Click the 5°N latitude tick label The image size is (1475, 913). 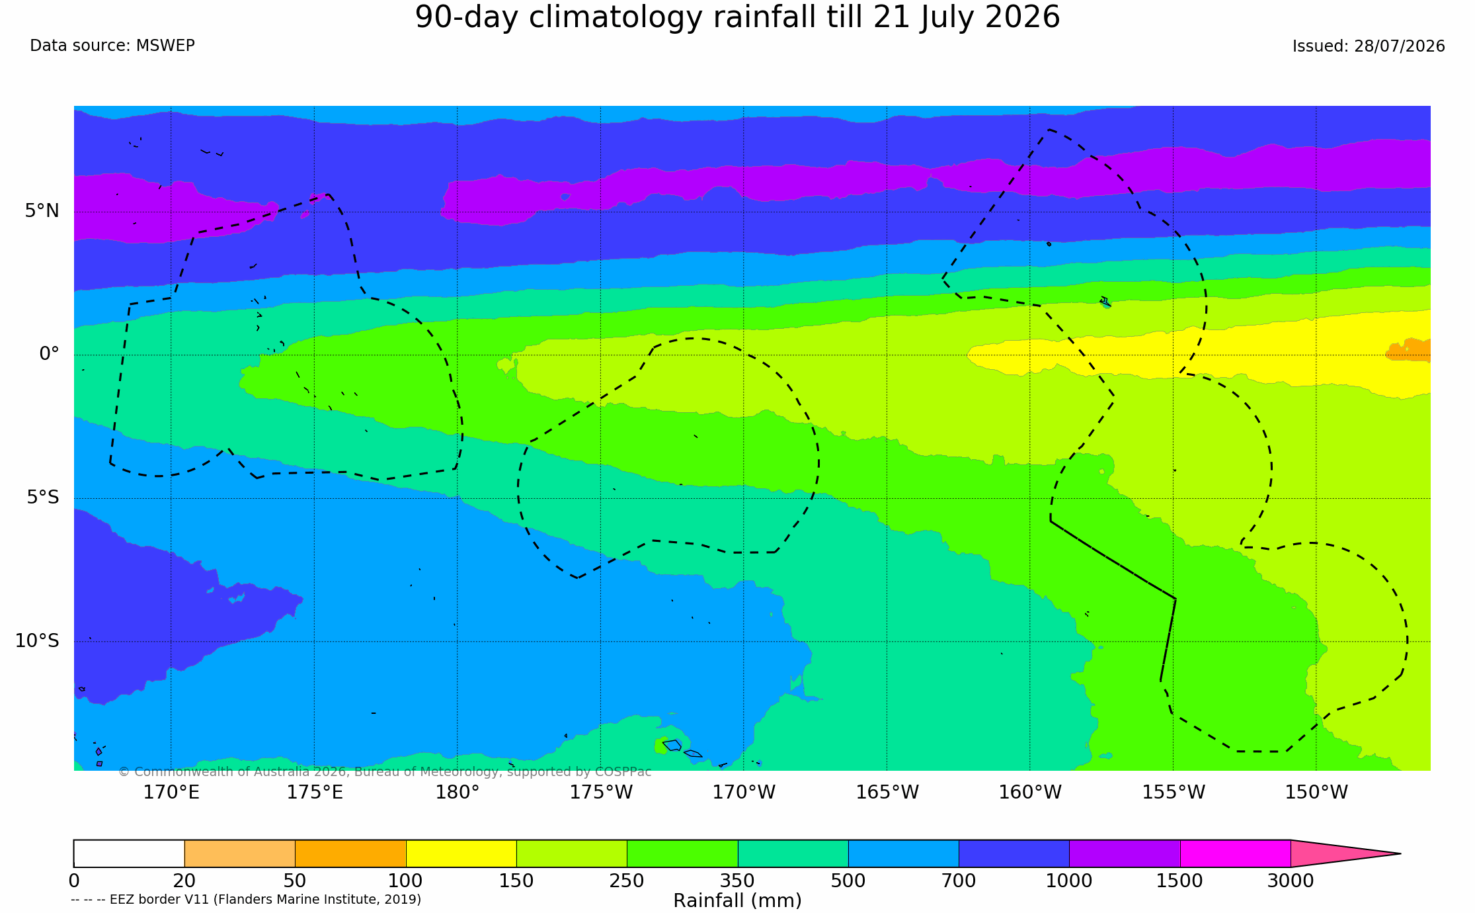[x=42, y=211]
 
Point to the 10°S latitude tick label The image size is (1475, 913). [x=37, y=640]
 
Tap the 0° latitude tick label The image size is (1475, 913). [x=49, y=354]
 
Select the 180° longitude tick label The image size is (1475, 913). [x=457, y=792]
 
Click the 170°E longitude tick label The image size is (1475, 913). [x=171, y=792]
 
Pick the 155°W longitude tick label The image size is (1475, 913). [x=1174, y=792]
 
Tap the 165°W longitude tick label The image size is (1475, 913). [x=887, y=792]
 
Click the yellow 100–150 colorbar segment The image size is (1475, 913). [x=461, y=853]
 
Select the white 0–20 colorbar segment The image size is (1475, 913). [x=129, y=853]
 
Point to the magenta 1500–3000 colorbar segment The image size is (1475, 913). [x=1235, y=853]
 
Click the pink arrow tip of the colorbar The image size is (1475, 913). [x=1400, y=853]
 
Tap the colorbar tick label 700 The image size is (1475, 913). [x=959, y=881]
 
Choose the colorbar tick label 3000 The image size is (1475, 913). [x=1291, y=881]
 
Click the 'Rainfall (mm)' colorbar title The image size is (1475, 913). [x=737, y=900]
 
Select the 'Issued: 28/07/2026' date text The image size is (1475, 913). [x=1369, y=46]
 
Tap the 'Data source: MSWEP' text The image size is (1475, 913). [x=112, y=46]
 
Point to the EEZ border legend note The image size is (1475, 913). [x=246, y=899]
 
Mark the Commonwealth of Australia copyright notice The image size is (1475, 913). [x=385, y=771]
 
